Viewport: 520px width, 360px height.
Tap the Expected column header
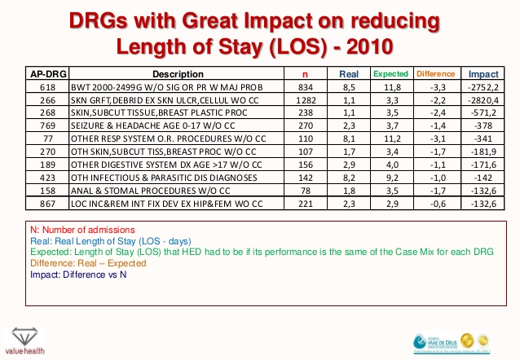tap(390, 74)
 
